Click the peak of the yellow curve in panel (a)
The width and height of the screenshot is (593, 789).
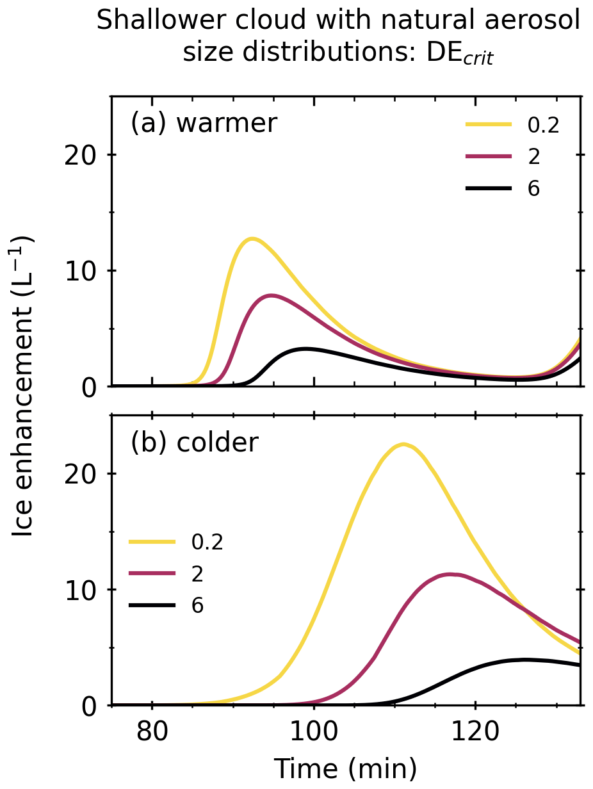tap(252, 239)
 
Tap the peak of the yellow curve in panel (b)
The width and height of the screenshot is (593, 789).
tap(403, 444)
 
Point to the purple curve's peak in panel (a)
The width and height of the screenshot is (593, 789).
tap(272, 296)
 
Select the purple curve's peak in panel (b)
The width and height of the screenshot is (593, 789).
tap(451, 574)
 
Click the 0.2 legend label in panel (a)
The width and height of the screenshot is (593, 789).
tap(543, 126)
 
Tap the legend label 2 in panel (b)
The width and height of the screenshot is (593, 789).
tap(197, 574)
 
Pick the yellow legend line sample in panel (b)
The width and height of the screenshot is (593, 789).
tap(152, 542)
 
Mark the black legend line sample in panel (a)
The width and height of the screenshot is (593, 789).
tap(489, 189)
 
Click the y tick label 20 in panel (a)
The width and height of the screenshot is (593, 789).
tap(81, 155)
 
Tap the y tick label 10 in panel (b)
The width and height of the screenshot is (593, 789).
tap(81, 590)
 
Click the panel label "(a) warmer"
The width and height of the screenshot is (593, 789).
tap(204, 123)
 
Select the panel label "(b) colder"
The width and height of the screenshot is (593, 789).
tap(195, 443)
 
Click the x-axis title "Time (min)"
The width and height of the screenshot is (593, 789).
tap(346, 767)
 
